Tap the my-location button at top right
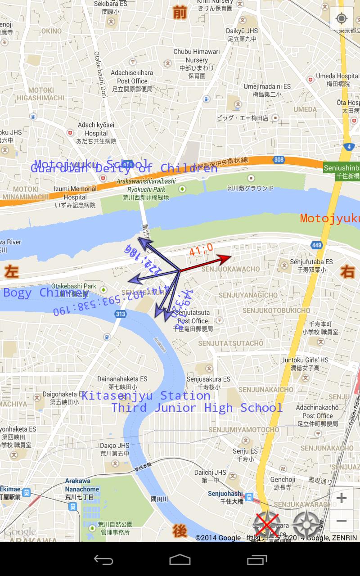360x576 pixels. point(342,18)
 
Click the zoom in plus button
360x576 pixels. point(342,498)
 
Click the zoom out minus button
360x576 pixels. point(342,521)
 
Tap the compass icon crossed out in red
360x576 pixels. point(267,524)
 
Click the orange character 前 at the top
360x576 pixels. point(180,13)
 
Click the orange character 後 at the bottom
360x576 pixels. point(180,531)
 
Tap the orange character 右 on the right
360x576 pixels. point(347,272)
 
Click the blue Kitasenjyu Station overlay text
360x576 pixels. point(146,396)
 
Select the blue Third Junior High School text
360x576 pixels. point(197,408)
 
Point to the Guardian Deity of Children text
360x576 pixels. point(124,169)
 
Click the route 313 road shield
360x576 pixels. point(120,314)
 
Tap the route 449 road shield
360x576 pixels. point(316,245)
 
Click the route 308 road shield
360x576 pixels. point(279,159)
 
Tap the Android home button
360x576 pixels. point(180,560)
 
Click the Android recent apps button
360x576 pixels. point(257,560)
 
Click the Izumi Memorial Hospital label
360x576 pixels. point(75,193)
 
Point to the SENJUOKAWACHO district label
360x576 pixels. point(231,269)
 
